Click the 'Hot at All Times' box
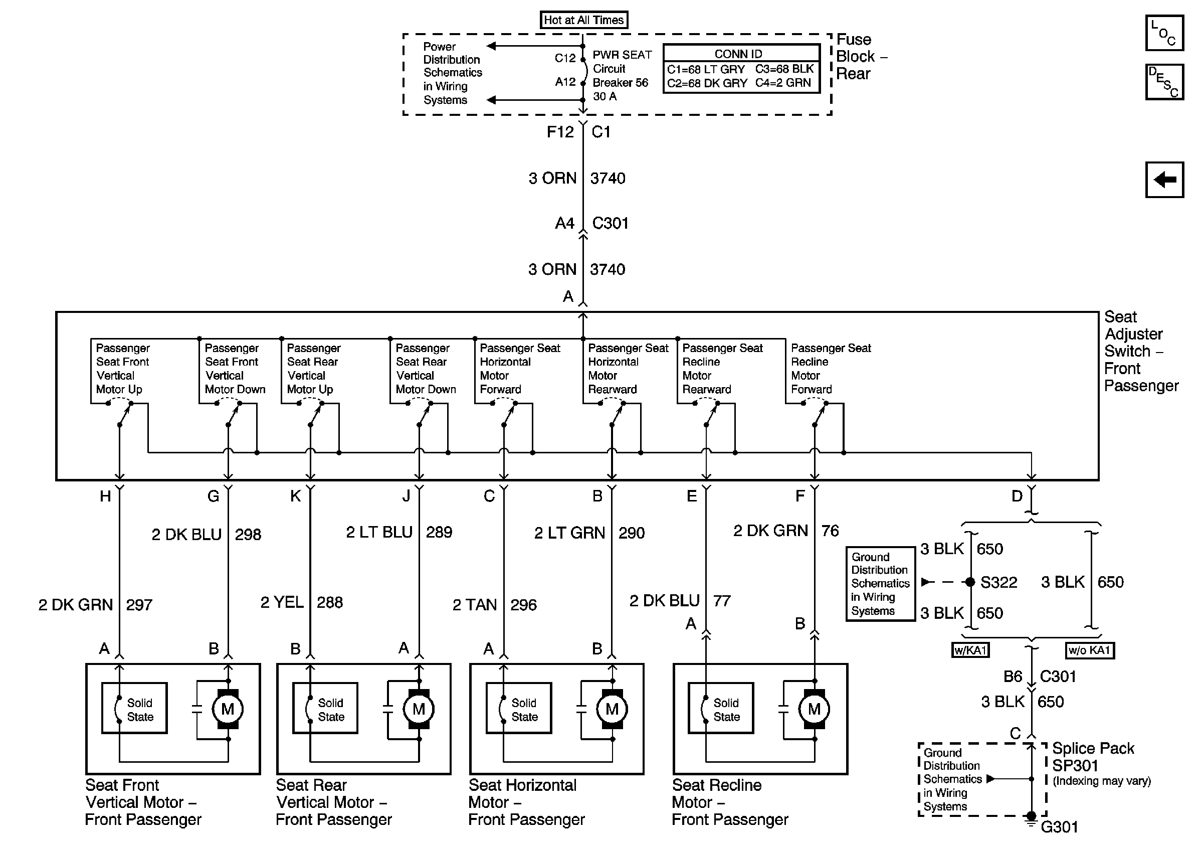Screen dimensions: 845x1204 tap(583, 20)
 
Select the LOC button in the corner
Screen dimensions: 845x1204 tap(1163, 33)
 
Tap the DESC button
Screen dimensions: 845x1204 tap(1163, 82)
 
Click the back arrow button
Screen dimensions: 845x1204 tap(1163, 180)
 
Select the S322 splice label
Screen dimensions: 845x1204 tap(998, 582)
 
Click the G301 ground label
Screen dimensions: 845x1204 tap(1059, 827)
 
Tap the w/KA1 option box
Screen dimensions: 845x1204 tap(970, 650)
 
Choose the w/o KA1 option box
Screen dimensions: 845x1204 tap(1090, 650)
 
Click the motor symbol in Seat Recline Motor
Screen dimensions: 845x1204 tap(814, 709)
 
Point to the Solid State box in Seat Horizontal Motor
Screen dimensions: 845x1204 tap(519, 708)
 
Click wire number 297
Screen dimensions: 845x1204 tap(139, 605)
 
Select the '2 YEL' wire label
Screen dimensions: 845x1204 tap(282, 602)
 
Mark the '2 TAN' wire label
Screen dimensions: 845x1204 tap(475, 605)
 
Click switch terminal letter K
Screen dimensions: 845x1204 tap(296, 496)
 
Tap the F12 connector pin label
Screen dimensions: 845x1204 tap(560, 132)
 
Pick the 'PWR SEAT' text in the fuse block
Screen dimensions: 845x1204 tap(622, 55)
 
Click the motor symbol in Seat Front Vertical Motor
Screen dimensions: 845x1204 tap(228, 709)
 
